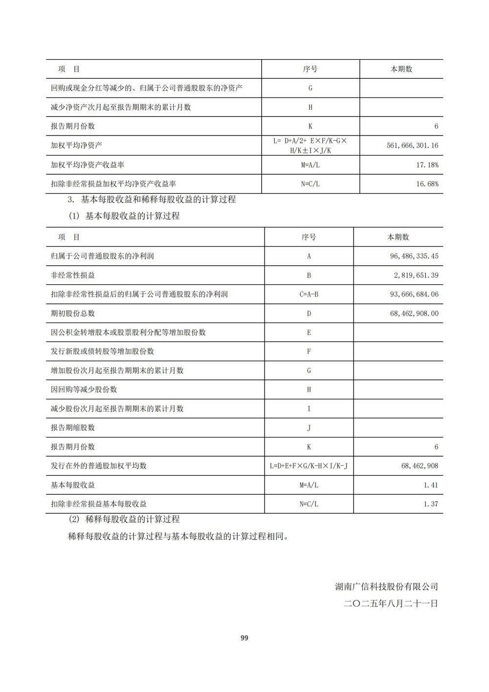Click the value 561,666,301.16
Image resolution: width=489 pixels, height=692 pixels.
coord(412,145)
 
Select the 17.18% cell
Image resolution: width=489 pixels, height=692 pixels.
coord(427,165)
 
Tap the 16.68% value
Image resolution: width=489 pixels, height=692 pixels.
coord(427,184)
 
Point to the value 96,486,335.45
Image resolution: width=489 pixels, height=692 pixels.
coord(414,256)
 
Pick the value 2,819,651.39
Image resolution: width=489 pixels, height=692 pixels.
coord(416,275)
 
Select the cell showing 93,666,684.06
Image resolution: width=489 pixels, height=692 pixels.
coord(414,294)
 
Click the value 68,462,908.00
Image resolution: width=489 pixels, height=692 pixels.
coord(414,313)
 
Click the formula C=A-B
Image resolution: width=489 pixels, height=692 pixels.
coord(309,294)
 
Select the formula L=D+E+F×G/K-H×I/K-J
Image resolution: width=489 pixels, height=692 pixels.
coord(309,466)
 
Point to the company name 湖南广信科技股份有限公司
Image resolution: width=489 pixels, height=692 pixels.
coord(386,586)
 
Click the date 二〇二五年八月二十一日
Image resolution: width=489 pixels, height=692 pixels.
coord(391,603)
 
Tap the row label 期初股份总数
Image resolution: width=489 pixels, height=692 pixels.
coord(73,313)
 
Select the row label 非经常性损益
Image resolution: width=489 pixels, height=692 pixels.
coord(73,275)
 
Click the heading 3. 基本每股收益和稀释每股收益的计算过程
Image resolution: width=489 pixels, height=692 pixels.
coord(152,200)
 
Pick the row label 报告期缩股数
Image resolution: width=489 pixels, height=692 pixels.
coord(73,428)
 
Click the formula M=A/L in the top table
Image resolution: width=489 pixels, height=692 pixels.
coord(310,165)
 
